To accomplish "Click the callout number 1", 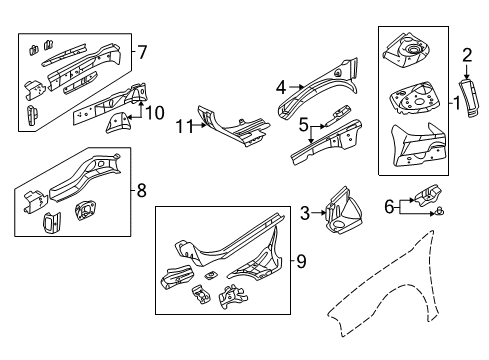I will [457, 102].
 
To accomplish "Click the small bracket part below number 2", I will [466, 94].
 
